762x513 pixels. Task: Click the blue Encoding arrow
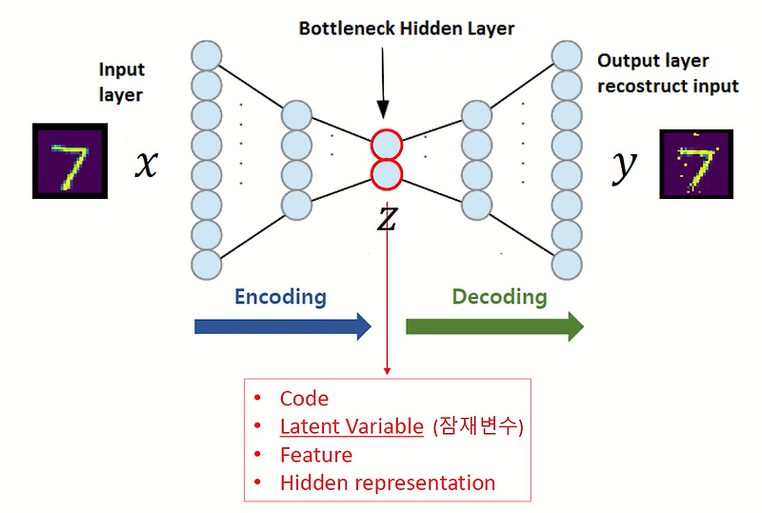(x=282, y=326)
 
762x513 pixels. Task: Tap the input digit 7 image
(x=69, y=160)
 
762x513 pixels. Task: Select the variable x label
(x=145, y=165)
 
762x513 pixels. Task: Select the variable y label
(x=624, y=166)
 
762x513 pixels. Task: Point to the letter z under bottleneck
(x=386, y=219)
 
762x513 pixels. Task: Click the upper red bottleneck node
(x=387, y=145)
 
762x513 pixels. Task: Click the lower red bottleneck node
(x=387, y=174)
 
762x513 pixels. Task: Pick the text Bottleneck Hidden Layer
(x=407, y=29)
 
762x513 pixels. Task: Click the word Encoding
(x=280, y=297)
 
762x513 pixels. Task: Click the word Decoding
(x=499, y=297)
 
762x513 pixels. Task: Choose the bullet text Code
(x=304, y=399)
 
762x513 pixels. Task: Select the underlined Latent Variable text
(x=351, y=426)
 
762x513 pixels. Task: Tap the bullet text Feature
(x=315, y=455)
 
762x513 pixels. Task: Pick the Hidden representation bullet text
(x=387, y=483)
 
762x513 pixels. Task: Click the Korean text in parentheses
(x=478, y=426)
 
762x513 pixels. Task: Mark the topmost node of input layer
(x=206, y=54)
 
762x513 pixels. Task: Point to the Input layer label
(x=121, y=82)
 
